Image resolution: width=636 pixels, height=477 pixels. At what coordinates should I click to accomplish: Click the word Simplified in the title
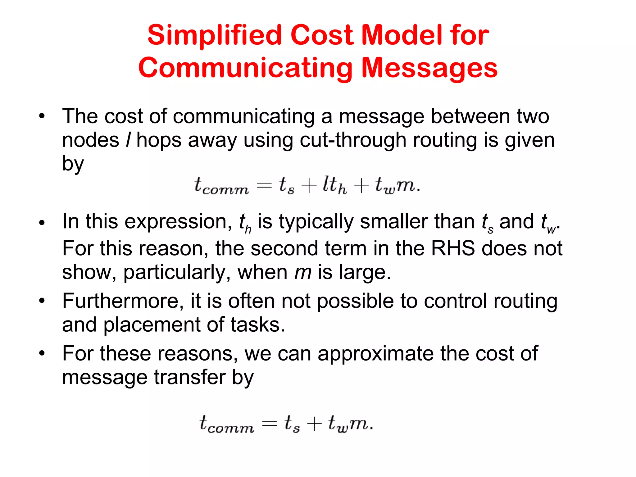coord(214,35)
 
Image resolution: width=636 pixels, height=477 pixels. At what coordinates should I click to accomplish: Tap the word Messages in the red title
coord(429,68)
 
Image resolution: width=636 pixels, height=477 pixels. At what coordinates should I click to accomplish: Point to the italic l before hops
coord(128,140)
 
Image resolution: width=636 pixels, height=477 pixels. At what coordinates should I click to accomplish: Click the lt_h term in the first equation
coord(334,185)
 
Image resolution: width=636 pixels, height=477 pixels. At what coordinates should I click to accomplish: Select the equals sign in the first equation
coord(264,186)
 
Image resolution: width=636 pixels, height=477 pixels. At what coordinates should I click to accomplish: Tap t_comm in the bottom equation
coord(226,424)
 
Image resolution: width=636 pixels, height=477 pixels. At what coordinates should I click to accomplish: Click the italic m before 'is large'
coord(302,272)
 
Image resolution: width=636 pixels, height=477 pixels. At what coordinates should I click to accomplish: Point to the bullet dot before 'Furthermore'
coord(42,301)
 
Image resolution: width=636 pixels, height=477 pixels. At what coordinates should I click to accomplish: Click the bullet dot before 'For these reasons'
coord(42,353)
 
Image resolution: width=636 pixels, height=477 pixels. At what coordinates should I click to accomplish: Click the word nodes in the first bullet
coord(90,140)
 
